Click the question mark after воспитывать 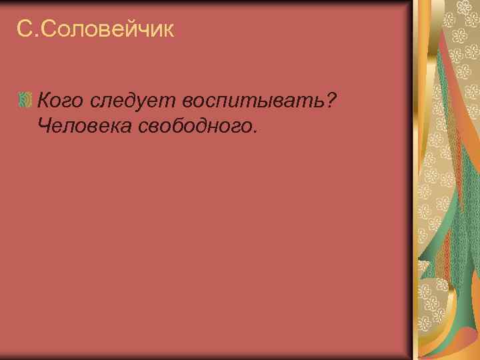pyautogui.click(x=329, y=100)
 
